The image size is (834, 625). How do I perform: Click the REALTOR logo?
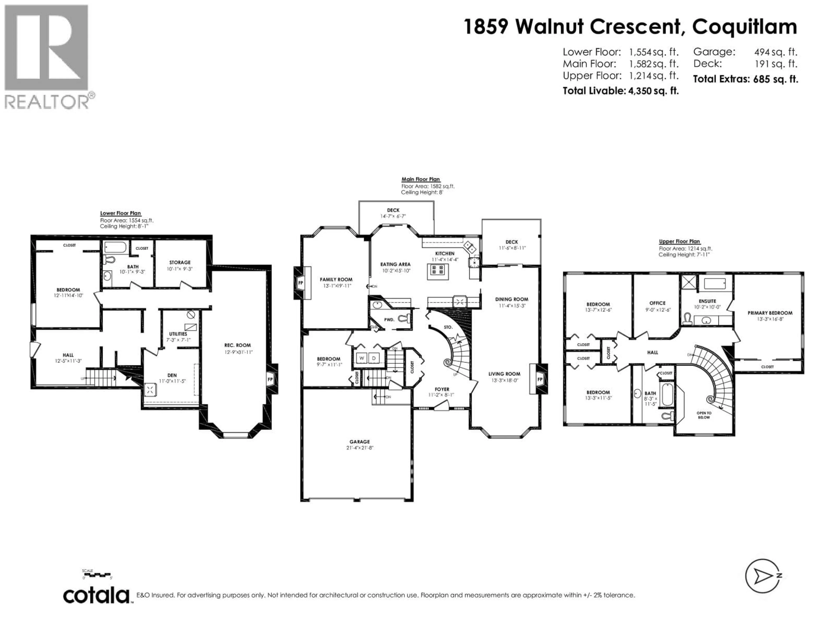(49, 56)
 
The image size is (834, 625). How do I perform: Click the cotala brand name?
(96, 596)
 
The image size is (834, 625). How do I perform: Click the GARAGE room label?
(359, 442)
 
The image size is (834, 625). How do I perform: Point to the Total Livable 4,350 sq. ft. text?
(621, 91)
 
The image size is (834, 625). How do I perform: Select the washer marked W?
(361, 358)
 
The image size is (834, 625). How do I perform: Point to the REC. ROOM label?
(238, 345)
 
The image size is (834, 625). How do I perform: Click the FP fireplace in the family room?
(301, 283)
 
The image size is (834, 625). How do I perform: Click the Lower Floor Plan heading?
(120, 213)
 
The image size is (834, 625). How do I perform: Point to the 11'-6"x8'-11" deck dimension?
(512, 248)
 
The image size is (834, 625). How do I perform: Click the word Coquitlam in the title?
(745, 26)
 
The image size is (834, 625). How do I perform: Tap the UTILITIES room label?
(178, 334)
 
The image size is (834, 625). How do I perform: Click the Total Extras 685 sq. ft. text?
(745, 79)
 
